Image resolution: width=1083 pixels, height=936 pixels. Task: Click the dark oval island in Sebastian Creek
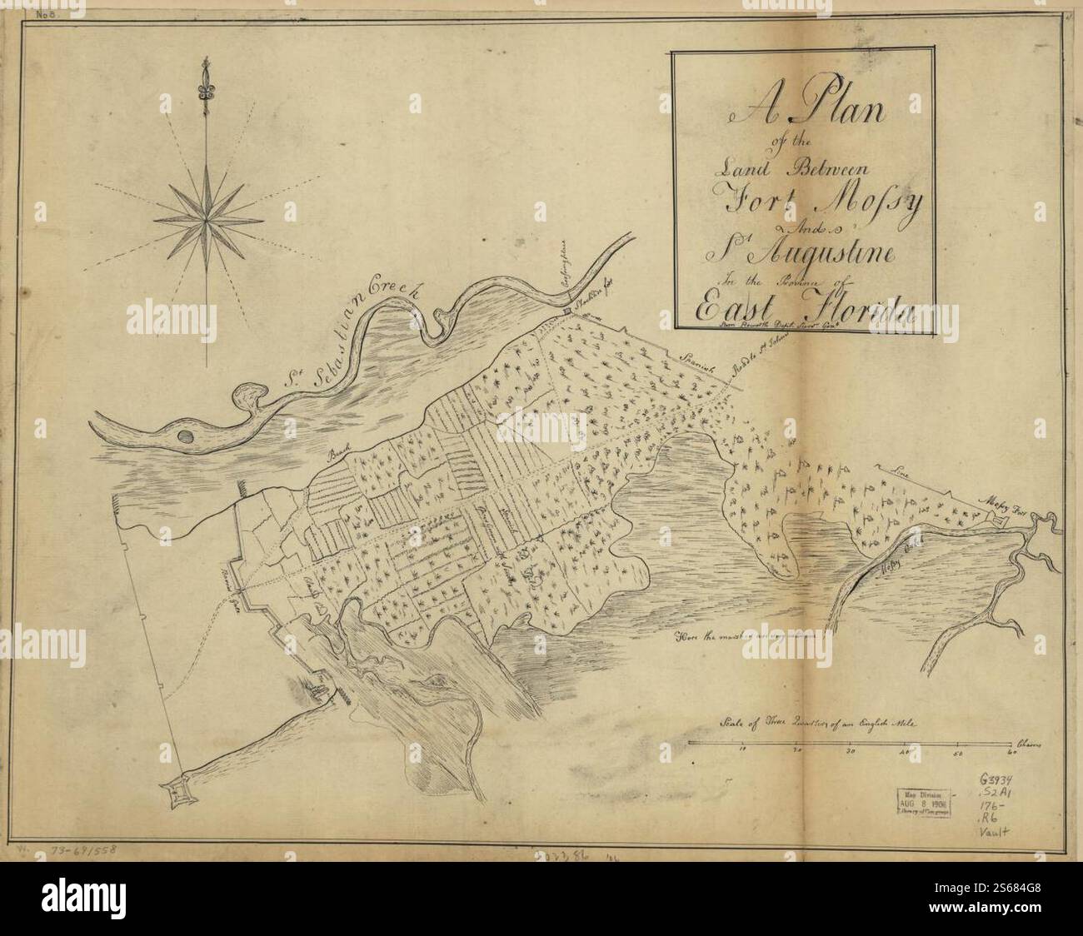186,436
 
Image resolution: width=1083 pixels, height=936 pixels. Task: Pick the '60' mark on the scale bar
1011,752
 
